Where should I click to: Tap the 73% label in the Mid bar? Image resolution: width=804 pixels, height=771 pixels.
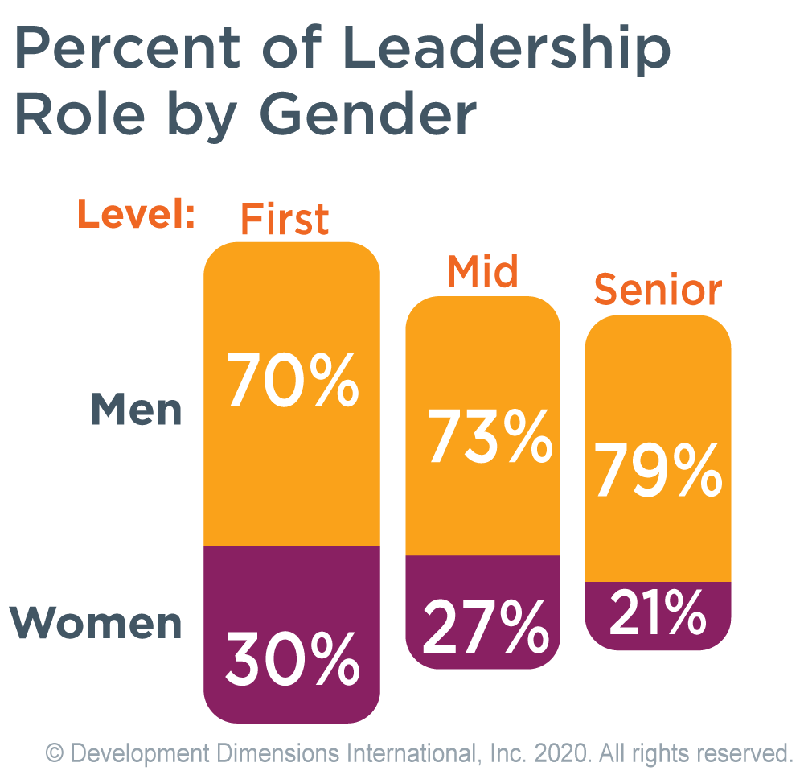coord(490,439)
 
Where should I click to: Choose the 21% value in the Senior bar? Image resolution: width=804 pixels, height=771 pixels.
coord(658,613)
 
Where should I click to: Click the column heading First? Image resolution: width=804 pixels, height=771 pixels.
coord(285,219)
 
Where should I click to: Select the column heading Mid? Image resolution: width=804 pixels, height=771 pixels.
coord(482,273)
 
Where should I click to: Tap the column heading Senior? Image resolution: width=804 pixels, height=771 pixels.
coord(658,291)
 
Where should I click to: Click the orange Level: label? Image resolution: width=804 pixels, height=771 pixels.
coord(137,216)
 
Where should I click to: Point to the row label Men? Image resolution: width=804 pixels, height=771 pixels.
coord(137,410)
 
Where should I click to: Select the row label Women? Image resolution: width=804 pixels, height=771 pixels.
coord(96,624)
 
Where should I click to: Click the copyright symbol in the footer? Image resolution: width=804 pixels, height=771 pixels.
coord(55,754)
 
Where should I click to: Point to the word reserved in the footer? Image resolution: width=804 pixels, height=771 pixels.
coord(745,754)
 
